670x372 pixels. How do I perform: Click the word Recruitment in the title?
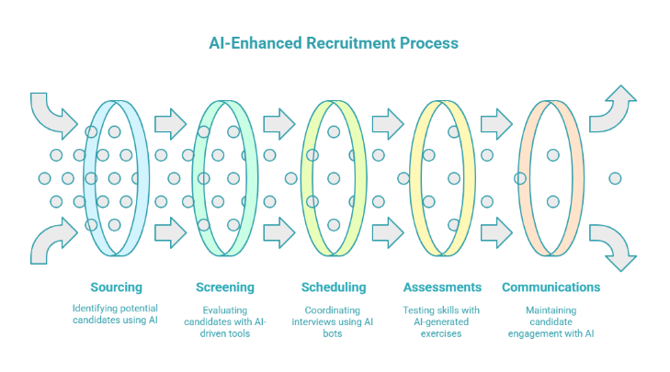(x=353, y=43)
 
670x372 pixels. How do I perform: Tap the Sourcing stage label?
(x=116, y=287)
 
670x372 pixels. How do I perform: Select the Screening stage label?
(x=225, y=287)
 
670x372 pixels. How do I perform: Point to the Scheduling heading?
(x=334, y=287)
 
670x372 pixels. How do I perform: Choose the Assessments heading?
(x=443, y=287)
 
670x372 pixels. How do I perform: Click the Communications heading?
(x=551, y=287)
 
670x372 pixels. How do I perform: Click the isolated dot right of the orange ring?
(x=615, y=177)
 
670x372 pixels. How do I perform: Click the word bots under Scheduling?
(x=334, y=333)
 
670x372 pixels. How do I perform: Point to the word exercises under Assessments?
(x=443, y=333)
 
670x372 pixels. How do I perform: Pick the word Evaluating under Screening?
(x=225, y=310)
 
